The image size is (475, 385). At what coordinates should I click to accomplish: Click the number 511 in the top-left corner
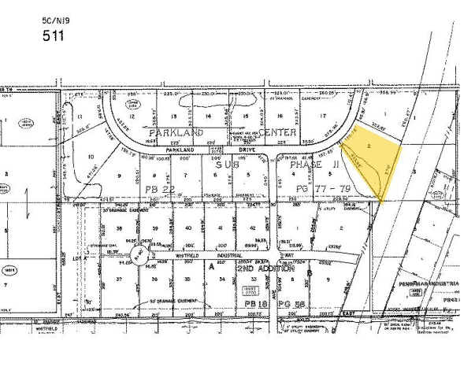(54, 35)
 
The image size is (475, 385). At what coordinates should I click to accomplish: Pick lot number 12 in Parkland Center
(133, 117)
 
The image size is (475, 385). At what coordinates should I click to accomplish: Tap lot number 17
(323, 116)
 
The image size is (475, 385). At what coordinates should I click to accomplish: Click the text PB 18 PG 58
(260, 302)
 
